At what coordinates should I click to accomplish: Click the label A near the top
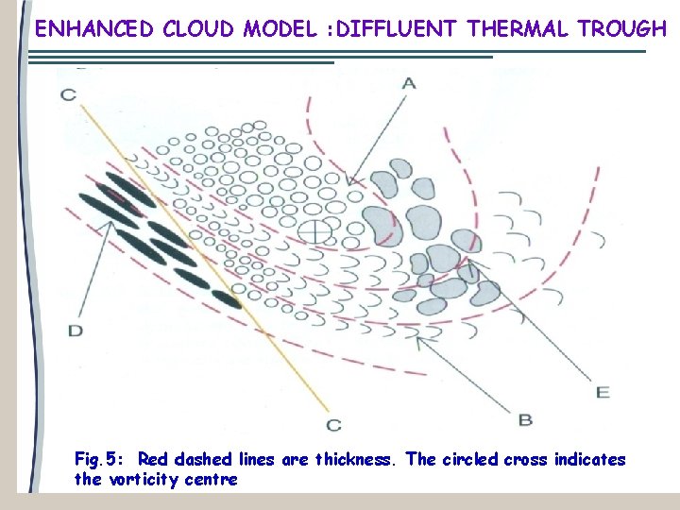pos(409,83)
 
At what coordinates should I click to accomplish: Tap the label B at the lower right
pos(526,418)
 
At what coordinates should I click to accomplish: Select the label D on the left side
pos(76,330)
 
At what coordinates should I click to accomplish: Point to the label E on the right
pos(603,391)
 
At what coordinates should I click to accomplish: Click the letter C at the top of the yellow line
pos(68,93)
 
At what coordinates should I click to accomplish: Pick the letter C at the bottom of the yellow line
pos(333,424)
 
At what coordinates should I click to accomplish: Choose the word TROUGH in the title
pos(623,28)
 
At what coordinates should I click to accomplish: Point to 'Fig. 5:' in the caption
pos(100,460)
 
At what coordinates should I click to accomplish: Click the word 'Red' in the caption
pos(153,460)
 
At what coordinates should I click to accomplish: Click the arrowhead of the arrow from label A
pos(348,183)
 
